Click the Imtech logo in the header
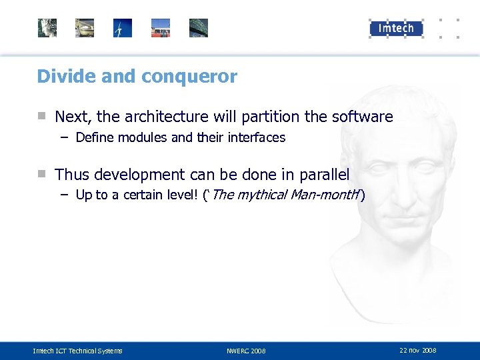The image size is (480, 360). pos(396,28)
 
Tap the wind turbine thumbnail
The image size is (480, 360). pos(123,28)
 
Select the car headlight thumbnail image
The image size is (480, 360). pos(85,28)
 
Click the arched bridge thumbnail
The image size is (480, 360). pos(199,28)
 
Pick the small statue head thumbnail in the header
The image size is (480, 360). pos(47,28)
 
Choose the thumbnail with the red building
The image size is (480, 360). pos(161,28)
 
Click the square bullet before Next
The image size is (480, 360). pos(41,116)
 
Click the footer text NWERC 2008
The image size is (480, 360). pos(246,351)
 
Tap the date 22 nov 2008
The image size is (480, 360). pos(417,350)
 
